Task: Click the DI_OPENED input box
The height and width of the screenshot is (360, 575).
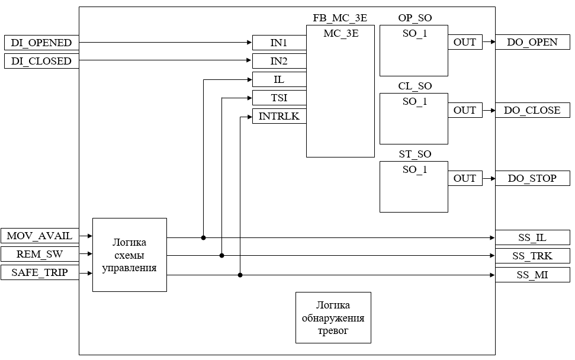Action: click(x=41, y=43)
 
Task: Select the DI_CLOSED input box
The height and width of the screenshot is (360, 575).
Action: click(x=41, y=61)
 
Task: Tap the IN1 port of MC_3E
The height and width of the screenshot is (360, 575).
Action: click(x=279, y=43)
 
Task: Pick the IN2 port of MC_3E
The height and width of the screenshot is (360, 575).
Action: click(x=279, y=61)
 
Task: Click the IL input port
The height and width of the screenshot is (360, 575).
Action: click(x=279, y=79)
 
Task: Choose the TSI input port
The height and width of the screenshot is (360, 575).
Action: click(x=279, y=98)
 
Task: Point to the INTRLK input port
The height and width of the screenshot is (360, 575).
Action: click(x=279, y=117)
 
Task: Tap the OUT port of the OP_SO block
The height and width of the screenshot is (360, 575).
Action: click(x=465, y=43)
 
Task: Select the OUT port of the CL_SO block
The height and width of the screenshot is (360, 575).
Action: click(x=465, y=110)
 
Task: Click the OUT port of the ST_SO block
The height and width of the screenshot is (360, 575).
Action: click(x=465, y=178)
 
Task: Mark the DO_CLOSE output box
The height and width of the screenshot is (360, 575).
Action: click(x=532, y=110)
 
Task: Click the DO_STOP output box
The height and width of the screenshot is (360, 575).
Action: click(x=532, y=178)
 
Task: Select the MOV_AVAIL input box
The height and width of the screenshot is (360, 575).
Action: click(x=40, y=236)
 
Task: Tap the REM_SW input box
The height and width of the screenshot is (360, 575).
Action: click(x=40, y=255)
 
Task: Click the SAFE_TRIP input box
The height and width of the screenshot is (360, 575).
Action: click(x=40, y=273)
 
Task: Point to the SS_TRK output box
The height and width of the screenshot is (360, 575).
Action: click(x=532, y=256)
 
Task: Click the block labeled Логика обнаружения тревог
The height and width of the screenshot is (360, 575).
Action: click(x=333, y=317)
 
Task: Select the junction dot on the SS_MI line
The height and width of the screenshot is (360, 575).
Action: click(x=240, y=275)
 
